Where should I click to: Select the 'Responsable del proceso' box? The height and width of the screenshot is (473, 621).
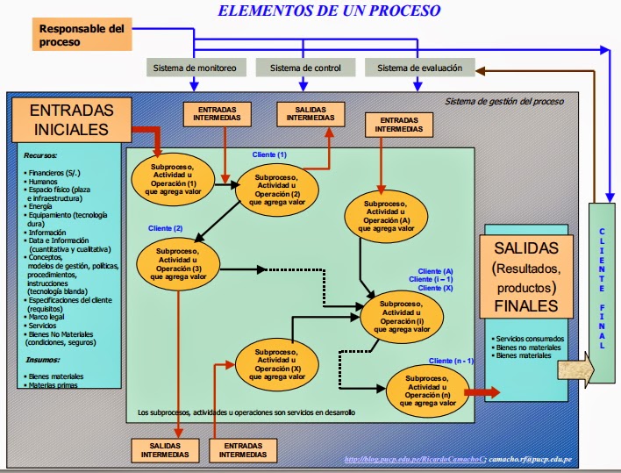coord(82,35)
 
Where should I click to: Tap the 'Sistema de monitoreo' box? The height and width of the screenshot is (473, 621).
coord(194,68)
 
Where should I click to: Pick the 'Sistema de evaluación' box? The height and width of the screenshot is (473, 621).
coord(419,68)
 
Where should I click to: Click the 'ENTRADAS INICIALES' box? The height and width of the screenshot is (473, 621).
coord(71,120)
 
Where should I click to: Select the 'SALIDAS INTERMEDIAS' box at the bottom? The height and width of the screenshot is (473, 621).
coord(164,449)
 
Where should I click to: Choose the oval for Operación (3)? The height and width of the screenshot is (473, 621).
coord(178,264)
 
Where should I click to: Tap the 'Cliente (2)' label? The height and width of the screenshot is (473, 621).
coord(165,228)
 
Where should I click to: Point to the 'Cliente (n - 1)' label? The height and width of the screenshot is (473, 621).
coord(451,361)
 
